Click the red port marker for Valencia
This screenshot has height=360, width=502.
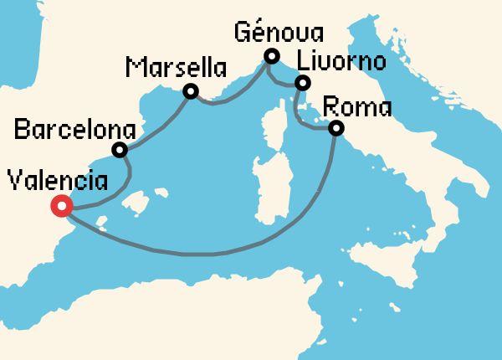(60, 206)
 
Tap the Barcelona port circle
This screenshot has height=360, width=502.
(120, 151)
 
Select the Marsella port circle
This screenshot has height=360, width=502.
(191, 91)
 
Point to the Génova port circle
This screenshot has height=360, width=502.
(270, 57)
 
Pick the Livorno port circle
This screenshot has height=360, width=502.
(303, 83)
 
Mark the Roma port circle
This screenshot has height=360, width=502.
(336, 129)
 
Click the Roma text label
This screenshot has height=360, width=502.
(356, 107)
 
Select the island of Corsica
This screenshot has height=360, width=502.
(275, 126)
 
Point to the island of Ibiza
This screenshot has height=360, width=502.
(102, 225)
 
